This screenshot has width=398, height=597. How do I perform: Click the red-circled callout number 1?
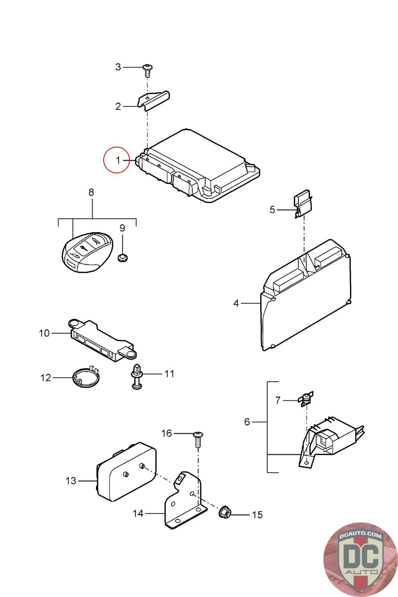(118, 160)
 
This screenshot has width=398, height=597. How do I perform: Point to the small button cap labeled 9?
(122, 257)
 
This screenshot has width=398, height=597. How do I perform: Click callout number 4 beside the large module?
(236, 303)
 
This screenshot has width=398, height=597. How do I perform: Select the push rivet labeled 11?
(137, 376)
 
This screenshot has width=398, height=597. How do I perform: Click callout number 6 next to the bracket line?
(247, 422)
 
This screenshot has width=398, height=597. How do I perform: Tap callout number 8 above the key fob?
(91, 193)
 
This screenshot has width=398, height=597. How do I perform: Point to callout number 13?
(71, 481)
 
